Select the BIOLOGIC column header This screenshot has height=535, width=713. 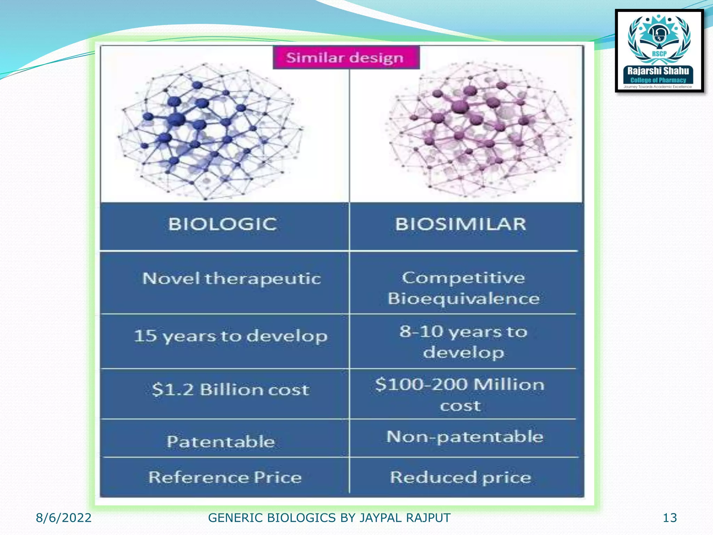click(x=223, y=224)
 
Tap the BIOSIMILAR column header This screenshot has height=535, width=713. click(x=460, y=224)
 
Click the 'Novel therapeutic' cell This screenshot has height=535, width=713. click(x=231, y=279)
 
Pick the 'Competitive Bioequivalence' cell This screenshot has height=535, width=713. click(x=463, y=288)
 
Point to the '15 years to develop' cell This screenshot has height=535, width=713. click(x=230, y=336)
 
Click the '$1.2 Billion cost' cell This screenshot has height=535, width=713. click(x=230, y=390)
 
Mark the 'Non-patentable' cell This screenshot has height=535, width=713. click(x=464, y=437)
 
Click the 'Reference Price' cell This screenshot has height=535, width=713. click(x=225, y=477)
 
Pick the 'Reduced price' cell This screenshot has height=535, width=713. click(x=460, y=477)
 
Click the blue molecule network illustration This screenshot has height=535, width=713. click(x=211, y=131)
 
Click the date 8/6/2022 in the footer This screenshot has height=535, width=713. click(x=64, y=518)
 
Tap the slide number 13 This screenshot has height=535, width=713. click(x=669, y=518)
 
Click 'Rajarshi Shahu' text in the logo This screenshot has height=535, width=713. click(x=658, y=71)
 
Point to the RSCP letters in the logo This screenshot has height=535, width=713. click(x=659, y=54)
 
